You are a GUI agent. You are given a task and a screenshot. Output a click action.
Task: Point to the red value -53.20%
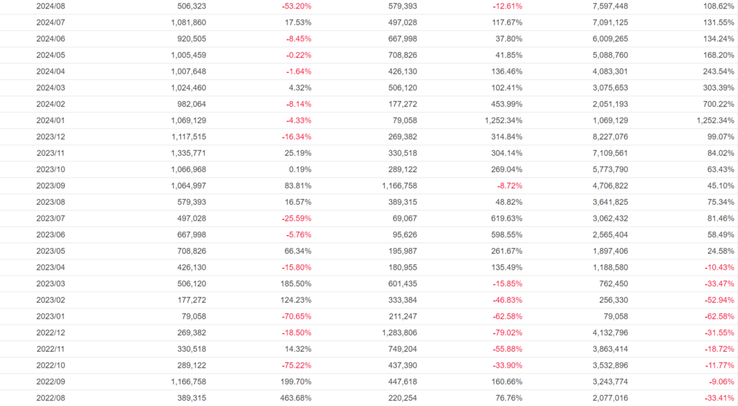pyautogui.click(x=296, y=6)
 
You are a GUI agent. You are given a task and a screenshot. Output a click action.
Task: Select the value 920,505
pyautogui.click(x=188, y=38)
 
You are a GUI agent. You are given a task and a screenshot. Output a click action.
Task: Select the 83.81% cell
pyautogui.click(x=298, y=185)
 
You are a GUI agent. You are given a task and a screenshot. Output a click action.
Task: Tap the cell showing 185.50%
pyautogui.click(x=296, y=283)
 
